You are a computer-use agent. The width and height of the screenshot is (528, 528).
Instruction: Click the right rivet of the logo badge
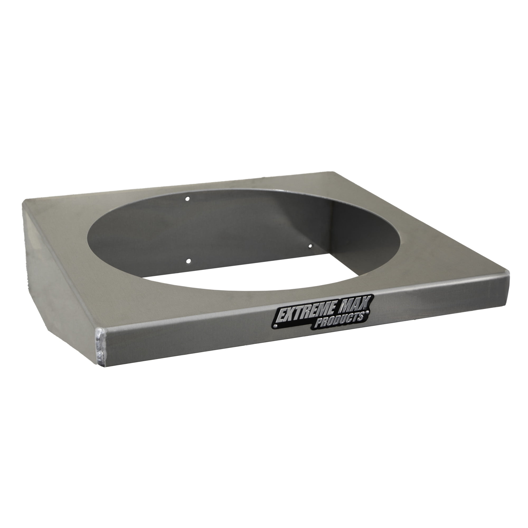tap(367, 312)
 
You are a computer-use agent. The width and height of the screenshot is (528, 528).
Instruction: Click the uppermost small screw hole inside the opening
tap(187, 199)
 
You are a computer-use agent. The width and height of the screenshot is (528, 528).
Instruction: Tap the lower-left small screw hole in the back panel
tap(188, 262)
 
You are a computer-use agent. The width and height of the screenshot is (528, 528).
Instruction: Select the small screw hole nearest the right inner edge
tap(310, 246)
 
